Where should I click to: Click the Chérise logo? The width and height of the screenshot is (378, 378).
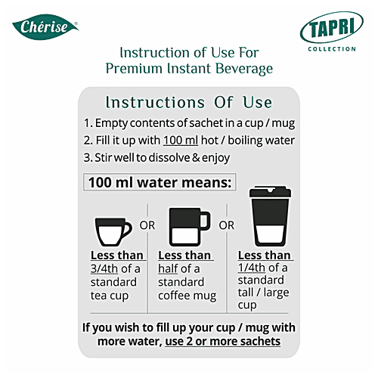tap(45, 28)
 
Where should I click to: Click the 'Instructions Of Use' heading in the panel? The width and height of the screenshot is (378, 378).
tap(189, 102)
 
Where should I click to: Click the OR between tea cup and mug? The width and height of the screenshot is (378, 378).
tap(148, 225)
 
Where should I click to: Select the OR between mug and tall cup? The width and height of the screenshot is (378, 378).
tap(226, 225)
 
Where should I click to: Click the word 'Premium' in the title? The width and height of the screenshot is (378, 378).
tap(139, 69)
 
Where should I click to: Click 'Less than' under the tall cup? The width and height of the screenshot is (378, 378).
tap(265, 255)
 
